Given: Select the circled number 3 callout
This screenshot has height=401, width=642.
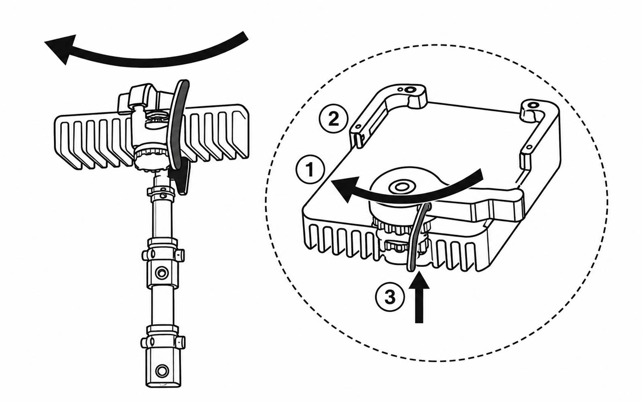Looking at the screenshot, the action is click(390, 297).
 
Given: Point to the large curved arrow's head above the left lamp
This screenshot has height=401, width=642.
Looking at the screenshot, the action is click(62, 49).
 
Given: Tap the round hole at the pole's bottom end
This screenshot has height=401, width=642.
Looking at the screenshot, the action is click(162, 371).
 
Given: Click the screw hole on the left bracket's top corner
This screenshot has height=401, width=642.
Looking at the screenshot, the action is click(409, 90).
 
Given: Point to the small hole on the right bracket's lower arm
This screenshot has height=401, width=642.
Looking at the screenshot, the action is click(529, 148).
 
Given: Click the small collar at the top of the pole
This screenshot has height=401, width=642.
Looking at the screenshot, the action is click(161, 192).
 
